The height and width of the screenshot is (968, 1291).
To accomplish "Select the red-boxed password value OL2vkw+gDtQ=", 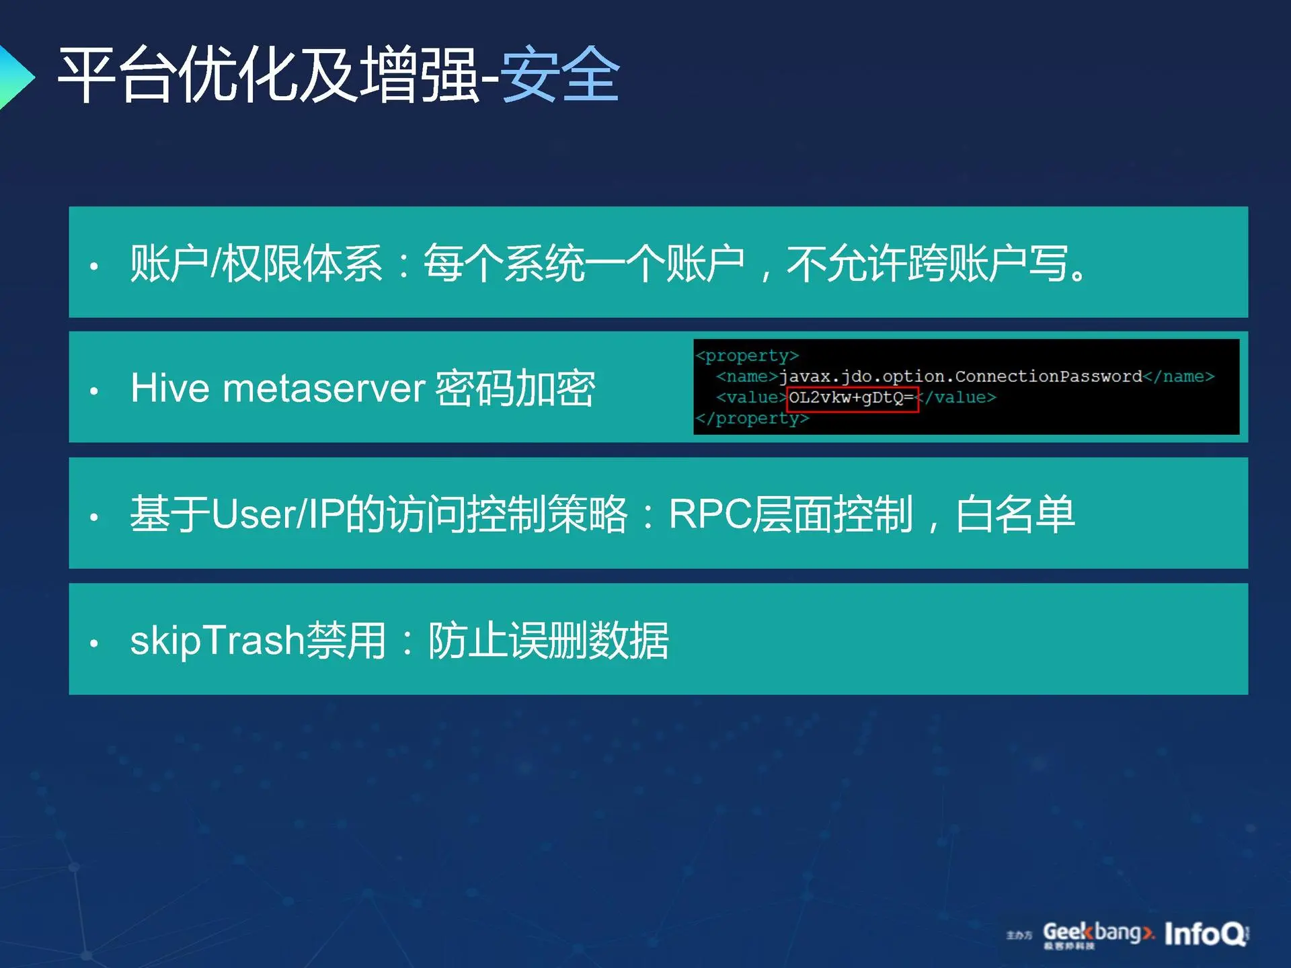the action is point(852,398).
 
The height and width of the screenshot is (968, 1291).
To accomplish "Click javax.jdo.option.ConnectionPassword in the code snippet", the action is point(961,376).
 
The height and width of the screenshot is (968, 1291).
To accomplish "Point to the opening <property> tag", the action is point(747,355).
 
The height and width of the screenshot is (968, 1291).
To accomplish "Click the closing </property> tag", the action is point(752,418).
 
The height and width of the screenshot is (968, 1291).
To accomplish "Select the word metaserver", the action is point(324,389).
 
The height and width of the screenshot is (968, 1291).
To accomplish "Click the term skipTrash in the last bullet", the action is point(217,640).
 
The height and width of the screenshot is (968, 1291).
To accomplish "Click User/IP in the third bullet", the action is point(278,514).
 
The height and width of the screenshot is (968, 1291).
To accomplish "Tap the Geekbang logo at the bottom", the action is point(1097,934).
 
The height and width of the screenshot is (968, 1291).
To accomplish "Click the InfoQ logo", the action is point(1206,934).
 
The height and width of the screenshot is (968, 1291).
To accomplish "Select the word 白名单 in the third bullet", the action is point(1015,514).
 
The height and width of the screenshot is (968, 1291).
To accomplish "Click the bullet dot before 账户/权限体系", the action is point(94,266).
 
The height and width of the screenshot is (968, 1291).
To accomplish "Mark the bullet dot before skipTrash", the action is point(94,643).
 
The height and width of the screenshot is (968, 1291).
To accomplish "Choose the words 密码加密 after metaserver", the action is point(515,388).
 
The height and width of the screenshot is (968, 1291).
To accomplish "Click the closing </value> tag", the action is point(955,398).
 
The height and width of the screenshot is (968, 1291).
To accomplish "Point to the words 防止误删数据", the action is point(548,640).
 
